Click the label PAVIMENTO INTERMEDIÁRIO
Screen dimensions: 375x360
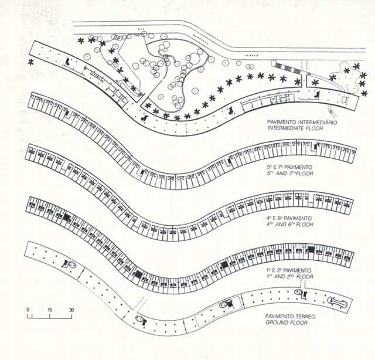pyautogui.click(x=302, y=122)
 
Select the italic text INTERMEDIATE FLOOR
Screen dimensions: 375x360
pyautogui.click(x=295, y=128)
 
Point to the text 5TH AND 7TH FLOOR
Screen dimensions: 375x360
pyautogui.click(x=290, y=174)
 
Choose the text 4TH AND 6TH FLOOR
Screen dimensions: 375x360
pyautogui.click(x=290, y=225)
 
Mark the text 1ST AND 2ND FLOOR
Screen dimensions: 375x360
pyautogui.click(x=289, y=277)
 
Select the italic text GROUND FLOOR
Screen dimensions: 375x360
pyautogui.click(x=287, y=322)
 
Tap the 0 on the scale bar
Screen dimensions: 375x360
pyautogui.click(x=28, y=310)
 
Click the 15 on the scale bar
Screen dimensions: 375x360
pyautogui.click(x=50, y=310)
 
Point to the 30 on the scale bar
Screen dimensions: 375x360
pyautogui.click(x=71, y=310)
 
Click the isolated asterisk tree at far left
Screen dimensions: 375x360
pyautogui.click(x=30, y=62)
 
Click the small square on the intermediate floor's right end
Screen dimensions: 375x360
pyautogui.click(x=345, y=99)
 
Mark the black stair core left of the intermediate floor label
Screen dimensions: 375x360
pyautogui.click(x=231, y=111)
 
